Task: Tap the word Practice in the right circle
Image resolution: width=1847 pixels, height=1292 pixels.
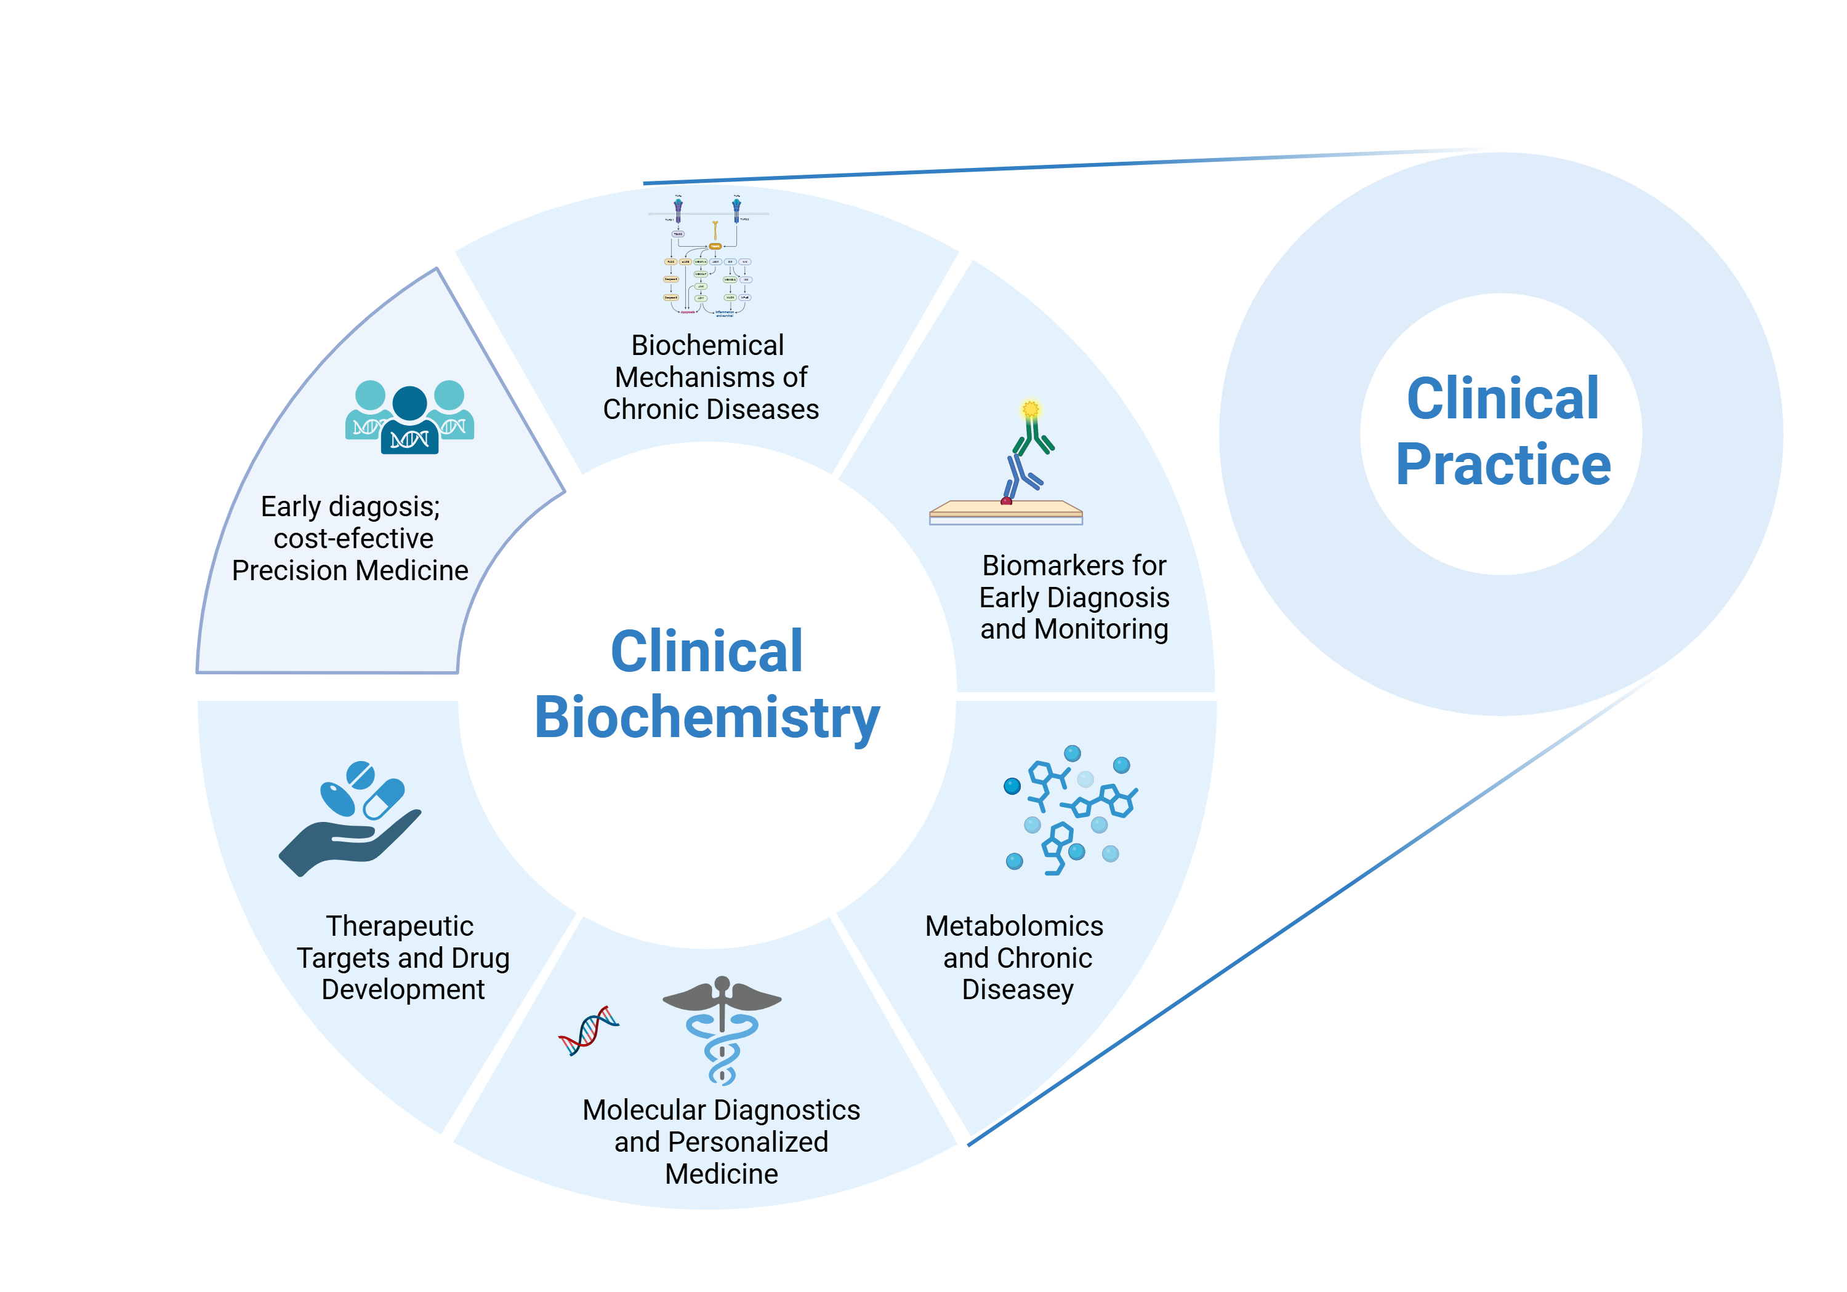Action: pyautogui.click(x=1503, y=465)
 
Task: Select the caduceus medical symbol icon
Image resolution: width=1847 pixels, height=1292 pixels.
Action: pyautogui.click(x=722, y=1029)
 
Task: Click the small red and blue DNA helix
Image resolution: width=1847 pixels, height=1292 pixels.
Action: pyautogui.click(x=589, y=1030)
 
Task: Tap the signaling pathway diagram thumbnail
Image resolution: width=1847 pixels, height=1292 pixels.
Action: pyautogui.click(x=709, y=256)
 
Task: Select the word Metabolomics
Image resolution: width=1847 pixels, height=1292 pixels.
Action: pyautogui.click(x=1013, y=926)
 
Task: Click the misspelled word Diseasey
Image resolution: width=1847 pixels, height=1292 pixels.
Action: pyautogui.click(x=1018, y=990)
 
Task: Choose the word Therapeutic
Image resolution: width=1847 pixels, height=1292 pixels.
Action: pyautogui.click(x=399, y=926)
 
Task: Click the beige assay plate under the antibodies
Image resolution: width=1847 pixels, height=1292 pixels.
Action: pyautogui.click(x=1005, y=509)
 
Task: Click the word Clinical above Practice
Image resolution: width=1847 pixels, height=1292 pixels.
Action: pyautogui.click(x=1503, y=399)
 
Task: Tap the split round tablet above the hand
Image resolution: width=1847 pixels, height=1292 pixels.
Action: pyautogui.click(x=360, y=775)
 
